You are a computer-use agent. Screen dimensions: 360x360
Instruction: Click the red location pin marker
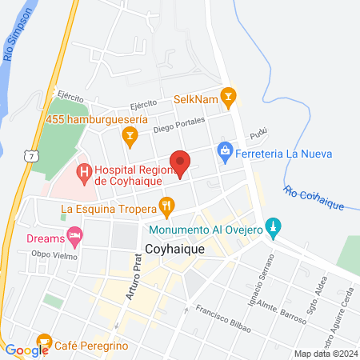pos(181,162)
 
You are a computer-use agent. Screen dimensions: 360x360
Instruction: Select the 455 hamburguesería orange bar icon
pos(129,138)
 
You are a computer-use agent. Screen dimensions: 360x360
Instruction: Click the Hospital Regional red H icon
pos(83,170)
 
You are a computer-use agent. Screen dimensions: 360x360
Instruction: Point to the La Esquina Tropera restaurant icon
pos(166,207)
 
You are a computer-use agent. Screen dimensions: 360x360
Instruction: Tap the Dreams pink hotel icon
pos(75,236)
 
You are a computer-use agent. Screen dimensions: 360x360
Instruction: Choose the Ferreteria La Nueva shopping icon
pos(225,150)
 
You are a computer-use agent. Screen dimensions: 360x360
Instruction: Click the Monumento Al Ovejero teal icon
pos(274,227)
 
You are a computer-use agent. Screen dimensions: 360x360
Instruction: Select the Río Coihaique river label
pos(314,198)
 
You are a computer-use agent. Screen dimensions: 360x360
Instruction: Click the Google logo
pos(26,350)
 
